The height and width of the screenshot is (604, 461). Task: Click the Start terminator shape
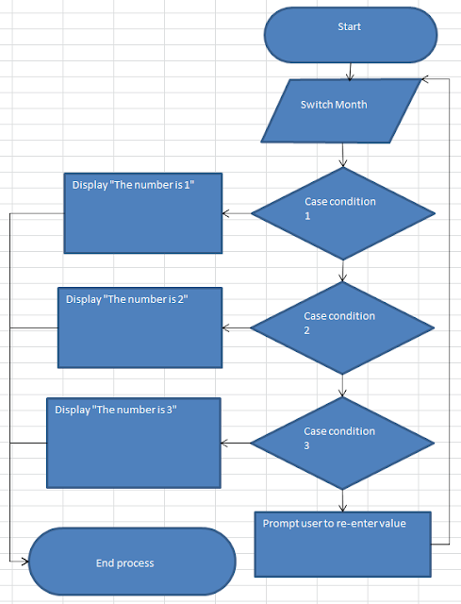(350, 36)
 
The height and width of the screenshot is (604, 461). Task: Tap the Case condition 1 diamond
(342, 213)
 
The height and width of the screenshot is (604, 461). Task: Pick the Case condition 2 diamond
(342, 328)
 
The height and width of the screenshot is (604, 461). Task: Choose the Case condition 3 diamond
(342, 443)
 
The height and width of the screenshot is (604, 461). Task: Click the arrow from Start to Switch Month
(350, 70)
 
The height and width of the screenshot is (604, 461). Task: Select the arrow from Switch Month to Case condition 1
(342, 155)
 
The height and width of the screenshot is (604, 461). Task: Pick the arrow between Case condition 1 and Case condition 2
(342, 270)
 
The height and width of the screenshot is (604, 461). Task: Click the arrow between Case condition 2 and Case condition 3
(342, 385)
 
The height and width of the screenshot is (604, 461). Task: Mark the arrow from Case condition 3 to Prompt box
(342, 499)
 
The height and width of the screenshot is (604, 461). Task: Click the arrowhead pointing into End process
(25, 561)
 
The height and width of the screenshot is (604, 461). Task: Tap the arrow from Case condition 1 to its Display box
(237, 213)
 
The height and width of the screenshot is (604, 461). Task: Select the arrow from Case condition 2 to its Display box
(236, 328)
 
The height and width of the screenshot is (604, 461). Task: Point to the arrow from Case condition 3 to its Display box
(235, 443)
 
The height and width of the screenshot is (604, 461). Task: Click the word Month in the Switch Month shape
(351, 105)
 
